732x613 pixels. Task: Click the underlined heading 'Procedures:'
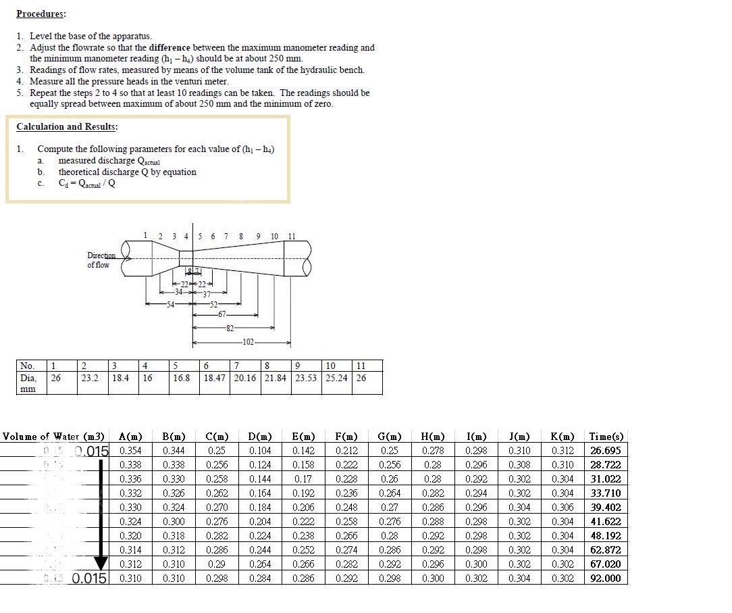[x=41, y=14]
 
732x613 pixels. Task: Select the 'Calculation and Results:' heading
[x=67, y=126]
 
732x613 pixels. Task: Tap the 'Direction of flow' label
[x=99, y=260]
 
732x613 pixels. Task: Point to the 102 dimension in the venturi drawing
[x=248, y=343]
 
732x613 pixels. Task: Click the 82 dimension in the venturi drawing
[x=230, y=328]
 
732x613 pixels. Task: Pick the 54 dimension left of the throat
[x=170, y=305]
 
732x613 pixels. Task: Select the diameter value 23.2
[x=90, y=378]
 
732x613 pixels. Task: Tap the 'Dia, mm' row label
[x=28, y=383]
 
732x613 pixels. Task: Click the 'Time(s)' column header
[x=606, y=437]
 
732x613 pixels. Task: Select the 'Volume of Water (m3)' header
[x=53, y=437]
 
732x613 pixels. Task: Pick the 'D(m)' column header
[x=260, y=437]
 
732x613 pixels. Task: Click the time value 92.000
[x=606, y=579]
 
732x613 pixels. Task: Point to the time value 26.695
[x=606, y=451]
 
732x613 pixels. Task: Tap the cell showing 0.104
[x=260, y=451]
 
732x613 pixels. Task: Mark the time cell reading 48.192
[x=606, y=536]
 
